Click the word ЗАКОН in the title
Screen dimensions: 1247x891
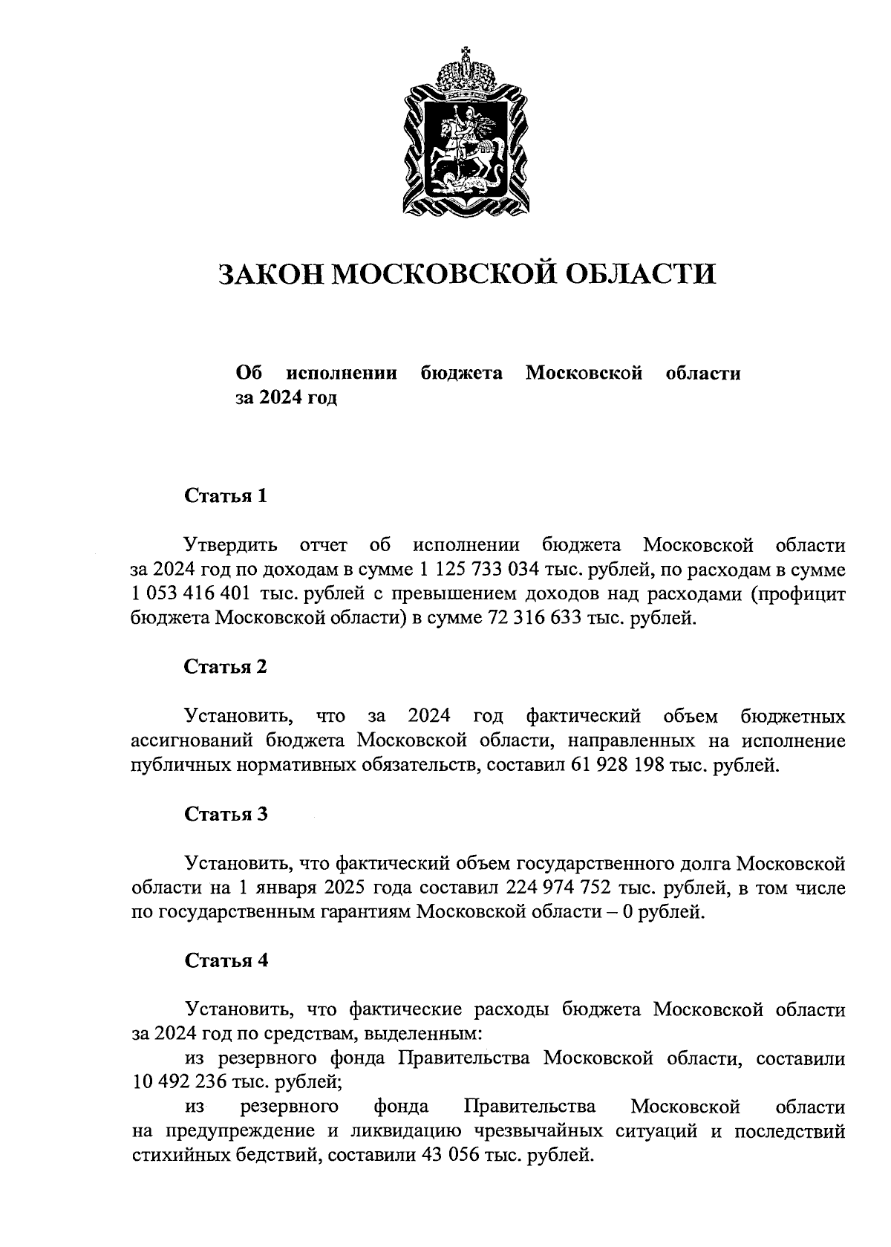[x=269, y=274]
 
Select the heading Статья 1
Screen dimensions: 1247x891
[x=225, y=496]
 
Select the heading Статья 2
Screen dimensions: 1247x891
[x=225, y=666]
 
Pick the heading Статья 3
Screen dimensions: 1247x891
[x=225, y=814]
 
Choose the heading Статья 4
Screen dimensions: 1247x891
[x=225, y=961]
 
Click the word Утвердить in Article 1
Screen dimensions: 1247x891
[x=232, y=546]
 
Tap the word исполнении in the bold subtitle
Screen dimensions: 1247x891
[x=342, y=374]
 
